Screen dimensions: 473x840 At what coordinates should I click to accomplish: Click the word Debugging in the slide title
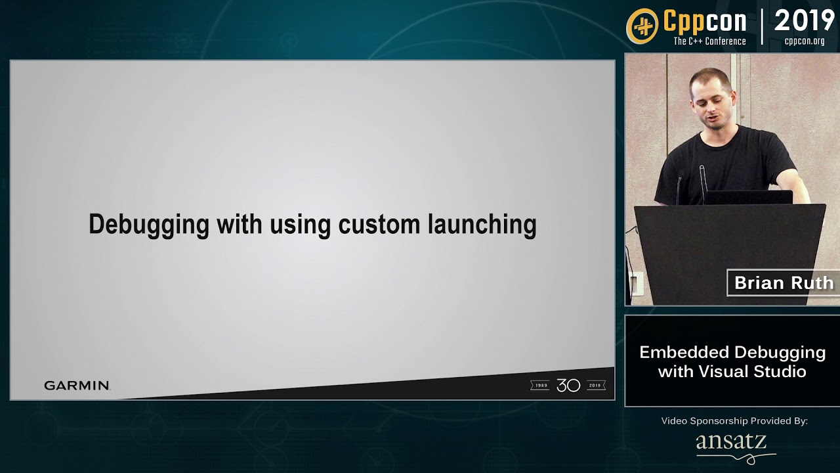click(149, 225)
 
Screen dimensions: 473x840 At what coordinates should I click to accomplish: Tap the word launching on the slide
click(482, 225)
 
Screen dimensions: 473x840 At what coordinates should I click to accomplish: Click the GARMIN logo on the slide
click(77, 386)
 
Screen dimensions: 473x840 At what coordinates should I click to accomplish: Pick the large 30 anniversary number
click(568, 386)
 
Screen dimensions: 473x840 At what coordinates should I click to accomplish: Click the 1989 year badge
click(541, 386)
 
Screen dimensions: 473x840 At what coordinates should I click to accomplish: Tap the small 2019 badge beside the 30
click(595, 386)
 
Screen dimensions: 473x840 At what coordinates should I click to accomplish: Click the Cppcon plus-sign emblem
click(642, 26)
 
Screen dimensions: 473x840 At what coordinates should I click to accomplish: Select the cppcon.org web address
click(805, 41)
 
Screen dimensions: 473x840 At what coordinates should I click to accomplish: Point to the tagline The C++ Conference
click(709, 41)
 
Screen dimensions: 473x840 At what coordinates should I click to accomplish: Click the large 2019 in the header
click(804, 21)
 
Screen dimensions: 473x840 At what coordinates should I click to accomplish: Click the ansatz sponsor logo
click(732, 443)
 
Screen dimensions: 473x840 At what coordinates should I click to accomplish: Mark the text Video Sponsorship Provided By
click(734, 420)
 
